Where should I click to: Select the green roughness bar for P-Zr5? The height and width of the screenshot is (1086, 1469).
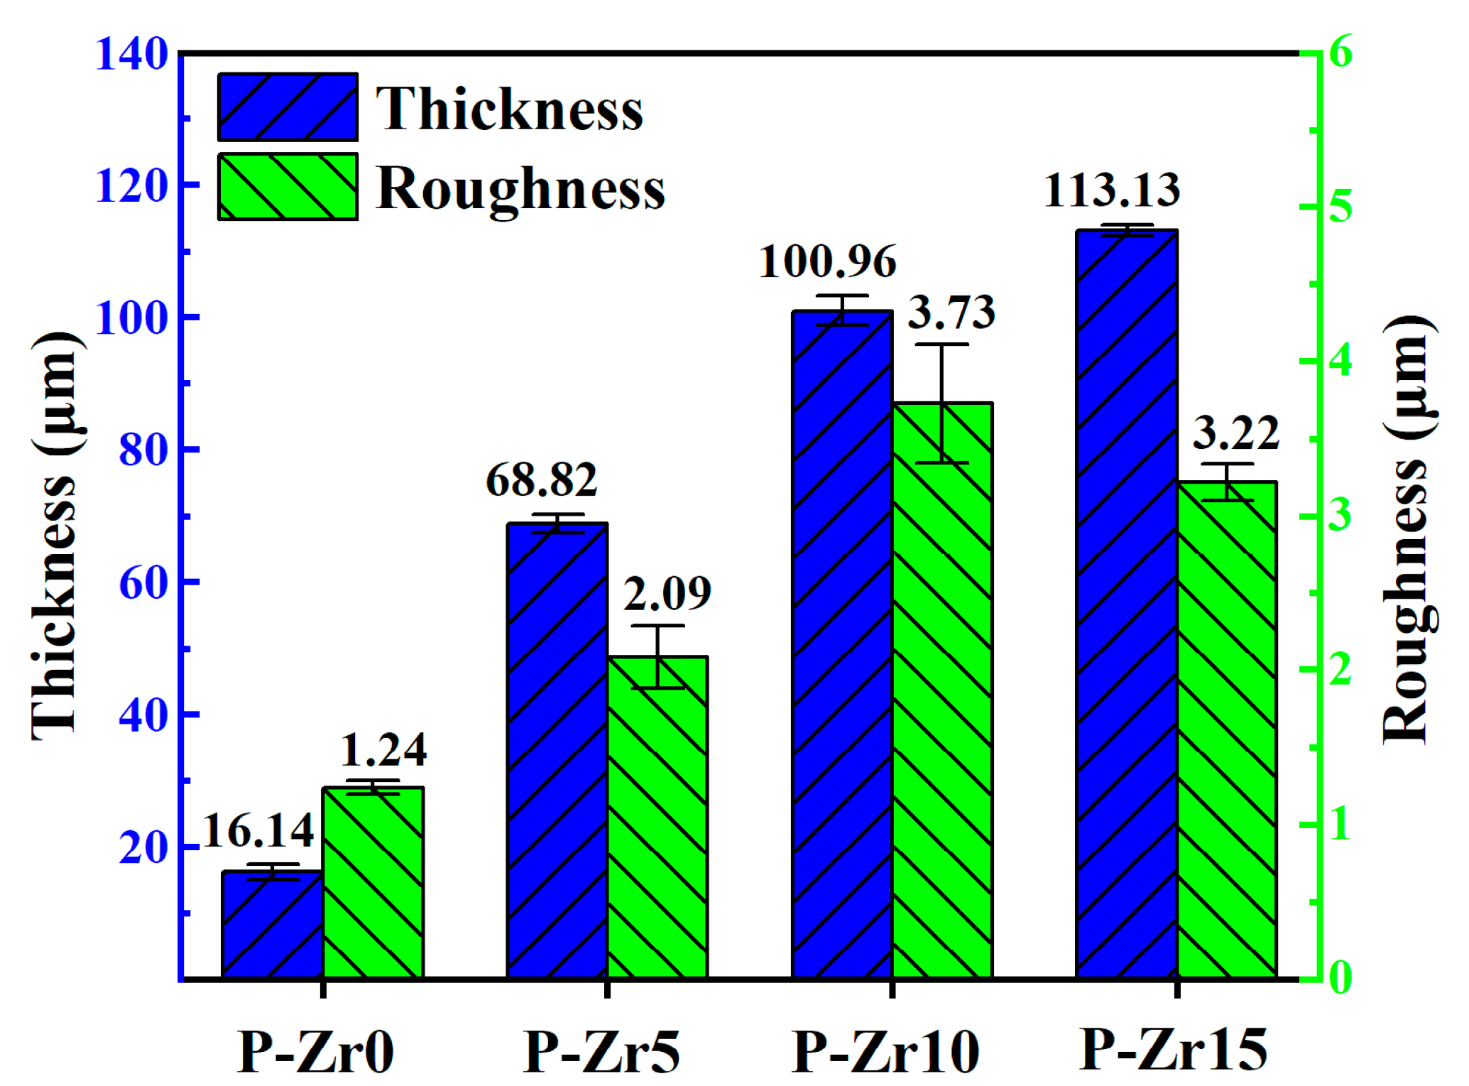[657, 817]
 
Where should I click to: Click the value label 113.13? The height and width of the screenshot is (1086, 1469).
[1112, 190]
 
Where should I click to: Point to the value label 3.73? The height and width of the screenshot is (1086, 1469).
[951, 313]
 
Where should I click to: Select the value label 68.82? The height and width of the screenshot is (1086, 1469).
[542, 480]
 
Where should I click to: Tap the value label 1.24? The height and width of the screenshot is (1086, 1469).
[383, 750]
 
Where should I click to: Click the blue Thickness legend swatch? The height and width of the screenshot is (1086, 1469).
[288, 107]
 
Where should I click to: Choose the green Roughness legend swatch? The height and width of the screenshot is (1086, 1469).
[288, 187]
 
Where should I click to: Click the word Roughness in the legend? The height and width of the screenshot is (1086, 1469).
[520, 189]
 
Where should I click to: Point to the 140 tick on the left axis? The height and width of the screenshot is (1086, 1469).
[131, 53]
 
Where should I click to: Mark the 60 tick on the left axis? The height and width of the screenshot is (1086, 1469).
[143, 583]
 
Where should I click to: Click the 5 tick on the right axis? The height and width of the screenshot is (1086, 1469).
[1340, 207]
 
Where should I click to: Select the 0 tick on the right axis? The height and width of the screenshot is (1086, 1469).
[1340, 978]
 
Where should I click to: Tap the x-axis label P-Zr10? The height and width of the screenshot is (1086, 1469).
[885, 1052]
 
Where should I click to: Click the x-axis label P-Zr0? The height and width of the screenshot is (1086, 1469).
[316, 1052]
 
